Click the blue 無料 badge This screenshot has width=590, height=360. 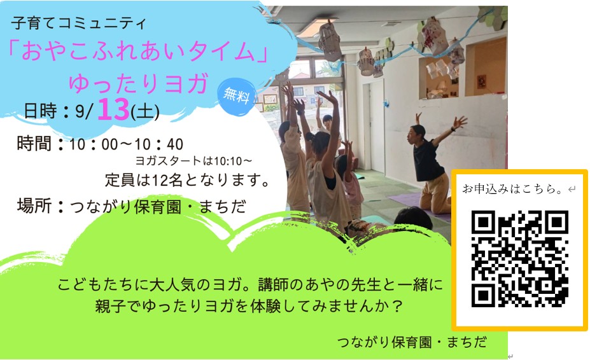[x=236, y=95]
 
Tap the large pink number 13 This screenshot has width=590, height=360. [x=113, y=109]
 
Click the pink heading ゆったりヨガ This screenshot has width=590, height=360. [x=139, y=83]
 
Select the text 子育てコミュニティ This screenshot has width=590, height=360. [x=79, y=24]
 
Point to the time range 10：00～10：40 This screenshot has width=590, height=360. [x=127, y=144]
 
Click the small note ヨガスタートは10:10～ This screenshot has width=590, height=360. [x=193, y=161]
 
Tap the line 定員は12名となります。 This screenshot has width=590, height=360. [x=188, y=180]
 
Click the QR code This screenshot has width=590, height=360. [x=519, y=259]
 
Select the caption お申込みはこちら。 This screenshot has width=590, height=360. [x=514, y=188]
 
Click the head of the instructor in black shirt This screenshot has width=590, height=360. [x=418, y=133]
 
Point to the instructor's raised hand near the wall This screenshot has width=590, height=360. [x=460, y=122]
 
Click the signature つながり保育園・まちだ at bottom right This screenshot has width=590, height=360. [x=412, y=342]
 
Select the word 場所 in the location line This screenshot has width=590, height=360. [x=34, y=206]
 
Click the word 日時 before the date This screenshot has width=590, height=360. [x=40, y=111]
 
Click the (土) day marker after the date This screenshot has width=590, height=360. [x=145, y=112]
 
